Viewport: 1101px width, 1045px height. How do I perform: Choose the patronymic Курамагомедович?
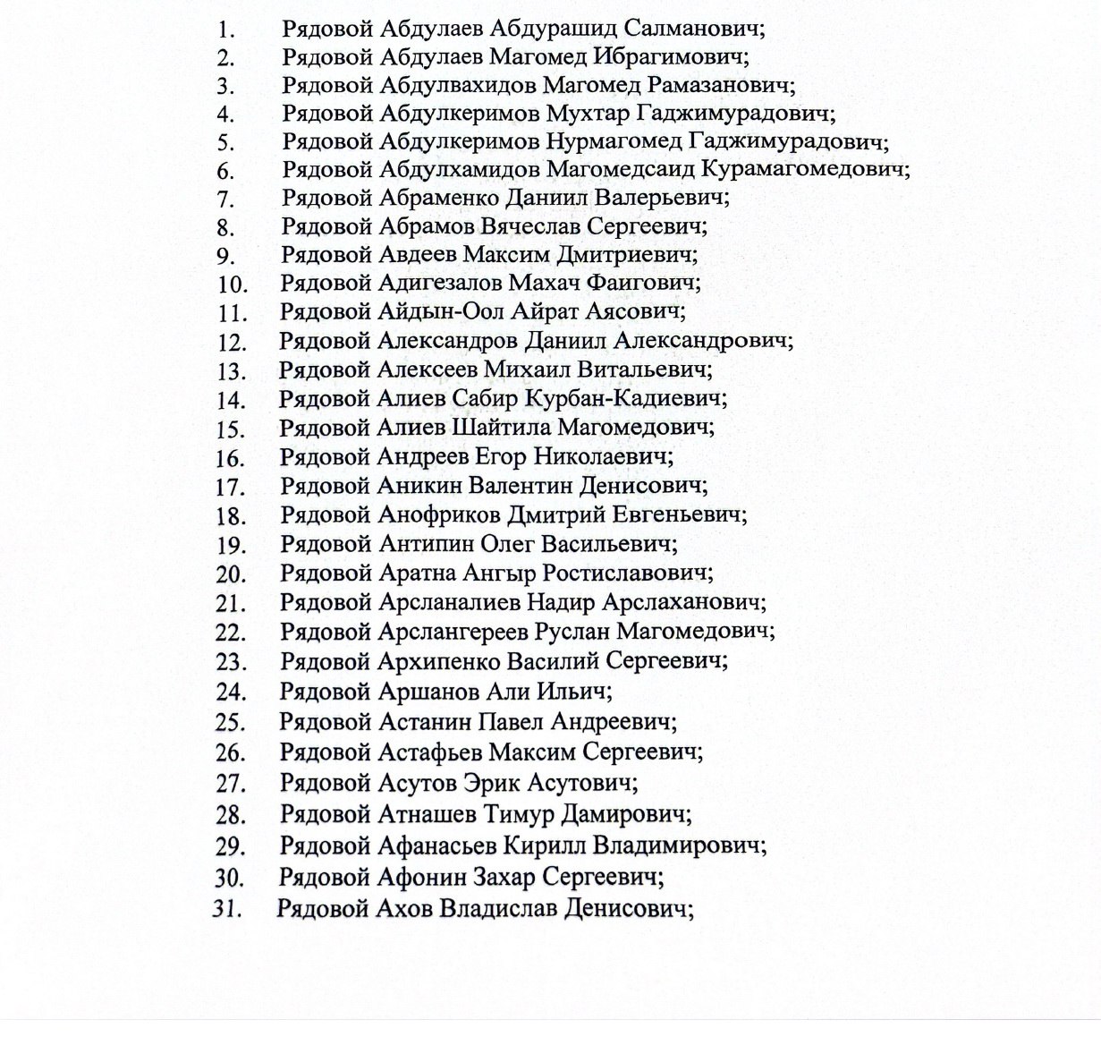pos(804,169)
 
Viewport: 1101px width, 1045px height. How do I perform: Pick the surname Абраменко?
pos(438,197)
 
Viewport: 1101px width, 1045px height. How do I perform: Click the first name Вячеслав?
pos(529,225)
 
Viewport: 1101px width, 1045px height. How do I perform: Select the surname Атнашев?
pos(427,813)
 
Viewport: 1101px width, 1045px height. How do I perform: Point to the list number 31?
pos(227,909)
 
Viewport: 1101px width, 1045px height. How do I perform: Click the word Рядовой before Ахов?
pos(323,908)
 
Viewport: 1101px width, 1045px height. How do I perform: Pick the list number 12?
pos(231,342)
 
